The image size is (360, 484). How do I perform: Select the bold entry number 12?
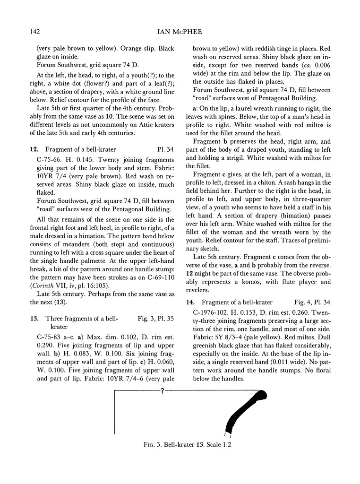point(33,149)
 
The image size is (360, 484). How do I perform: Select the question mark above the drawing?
point(162,391)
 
